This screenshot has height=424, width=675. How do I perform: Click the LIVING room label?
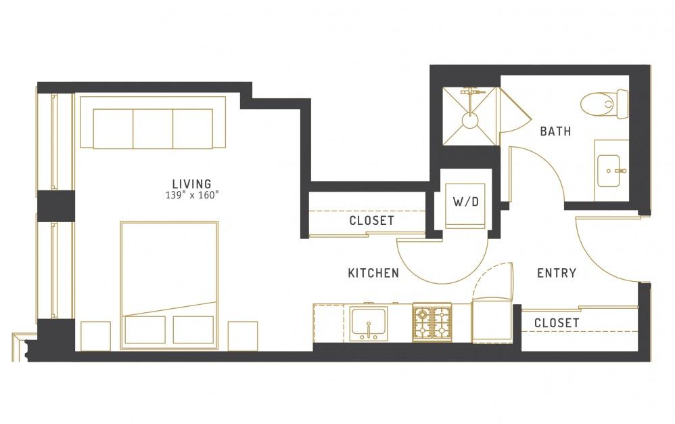click(191, 184)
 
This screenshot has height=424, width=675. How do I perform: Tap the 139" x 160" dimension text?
click(192, 195)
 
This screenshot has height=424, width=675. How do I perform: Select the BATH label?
click(555, 131)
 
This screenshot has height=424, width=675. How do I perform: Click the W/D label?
click(466, 201)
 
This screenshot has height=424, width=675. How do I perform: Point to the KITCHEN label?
click(373, 273)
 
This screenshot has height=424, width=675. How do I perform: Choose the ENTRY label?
click(557, 273)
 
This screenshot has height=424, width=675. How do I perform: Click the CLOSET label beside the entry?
click(557, 322)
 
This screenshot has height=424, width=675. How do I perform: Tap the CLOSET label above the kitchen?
click(371, 221)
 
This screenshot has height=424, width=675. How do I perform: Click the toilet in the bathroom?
click(604, 104)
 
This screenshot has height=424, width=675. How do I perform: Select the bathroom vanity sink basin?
click(609, 171)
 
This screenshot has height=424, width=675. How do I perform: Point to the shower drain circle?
click(469, 119)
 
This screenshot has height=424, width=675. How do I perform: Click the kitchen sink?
click(369, 323)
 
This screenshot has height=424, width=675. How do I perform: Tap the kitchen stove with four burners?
click(432, 322)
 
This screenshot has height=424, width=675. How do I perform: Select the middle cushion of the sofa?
click(153, 129)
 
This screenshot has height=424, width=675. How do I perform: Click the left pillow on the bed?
click(145, 330)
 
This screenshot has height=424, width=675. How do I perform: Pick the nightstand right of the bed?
click(243, 336)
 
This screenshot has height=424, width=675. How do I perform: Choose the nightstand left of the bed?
click(95, 336)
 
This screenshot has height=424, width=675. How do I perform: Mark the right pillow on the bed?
click(193, 330)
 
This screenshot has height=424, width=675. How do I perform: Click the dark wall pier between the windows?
click(56, 206)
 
